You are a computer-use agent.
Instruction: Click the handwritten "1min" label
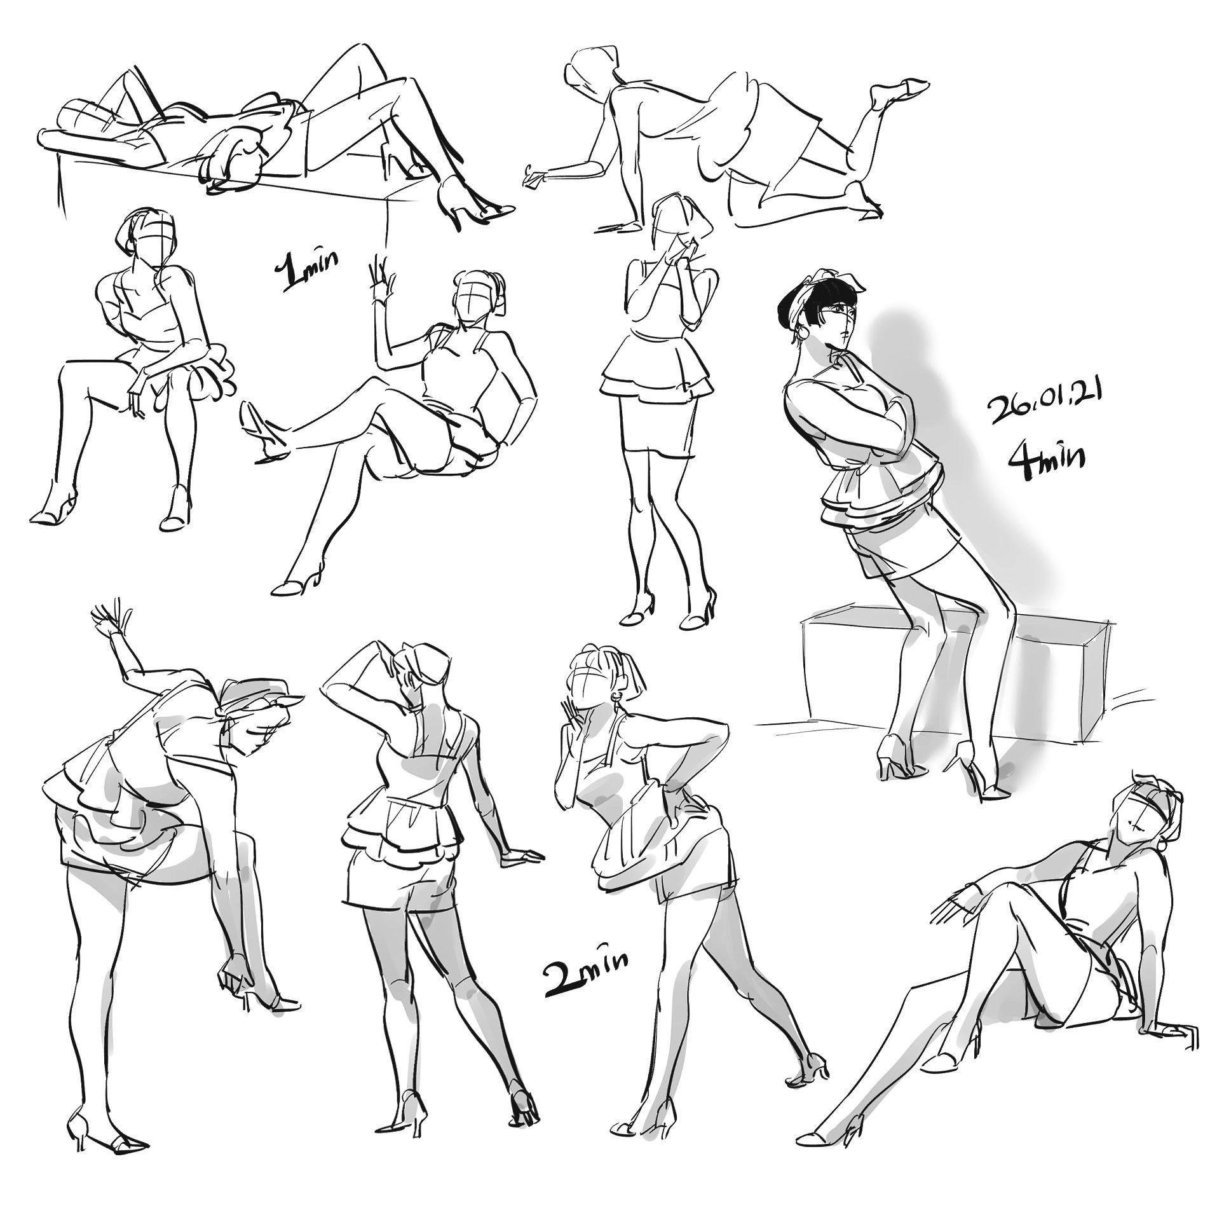tap(307, 270)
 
